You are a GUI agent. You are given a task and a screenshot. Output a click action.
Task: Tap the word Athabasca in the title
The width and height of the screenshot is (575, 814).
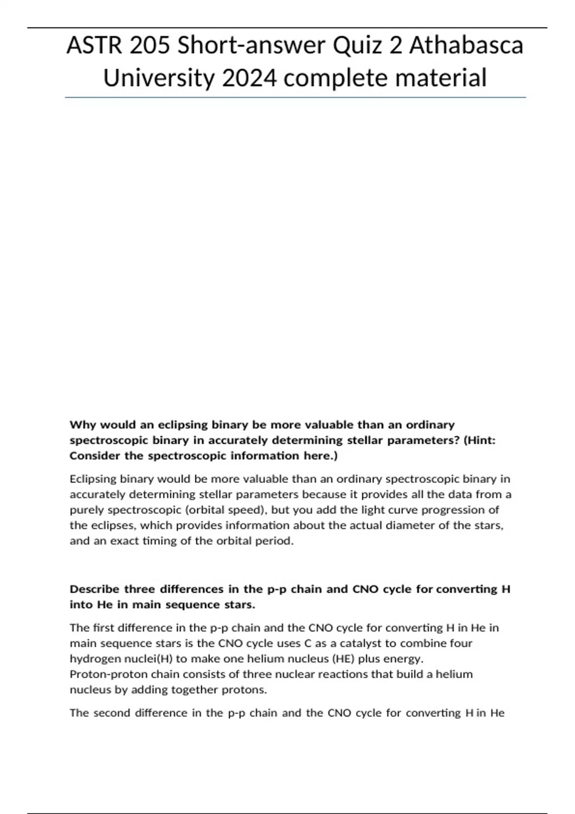tap(466, 46)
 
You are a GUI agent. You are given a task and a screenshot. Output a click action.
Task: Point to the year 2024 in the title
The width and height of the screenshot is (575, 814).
tap(249, 78)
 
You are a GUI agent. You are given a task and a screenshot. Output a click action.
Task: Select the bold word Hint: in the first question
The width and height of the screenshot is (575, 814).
tap(480, 440)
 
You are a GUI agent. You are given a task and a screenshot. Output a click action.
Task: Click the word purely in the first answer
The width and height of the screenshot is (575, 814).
tap(84, 510)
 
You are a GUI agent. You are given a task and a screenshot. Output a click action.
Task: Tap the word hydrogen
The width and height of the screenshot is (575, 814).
tap(91, 659)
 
